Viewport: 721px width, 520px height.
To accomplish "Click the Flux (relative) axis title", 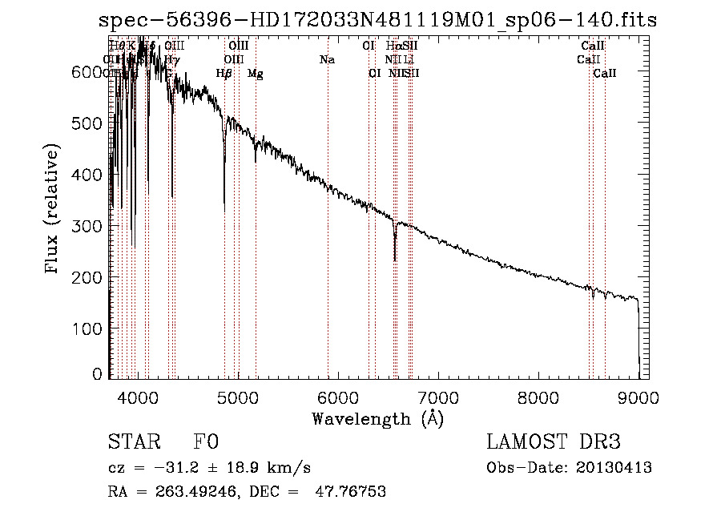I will point(53,210).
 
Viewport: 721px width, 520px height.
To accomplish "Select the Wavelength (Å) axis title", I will point(377,418).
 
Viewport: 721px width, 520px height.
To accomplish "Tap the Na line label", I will point(327,59).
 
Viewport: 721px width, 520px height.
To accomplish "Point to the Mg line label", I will point(255,74).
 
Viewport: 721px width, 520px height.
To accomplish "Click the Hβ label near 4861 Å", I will point(224,74).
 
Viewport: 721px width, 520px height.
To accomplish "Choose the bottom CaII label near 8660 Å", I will point(605,74).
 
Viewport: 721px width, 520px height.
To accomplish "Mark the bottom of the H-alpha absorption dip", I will point(395,259).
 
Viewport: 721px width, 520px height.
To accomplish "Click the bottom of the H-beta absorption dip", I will point(224,210).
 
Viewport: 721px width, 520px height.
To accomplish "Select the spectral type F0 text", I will point(206,443).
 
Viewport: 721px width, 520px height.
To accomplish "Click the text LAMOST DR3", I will point(553,443).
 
